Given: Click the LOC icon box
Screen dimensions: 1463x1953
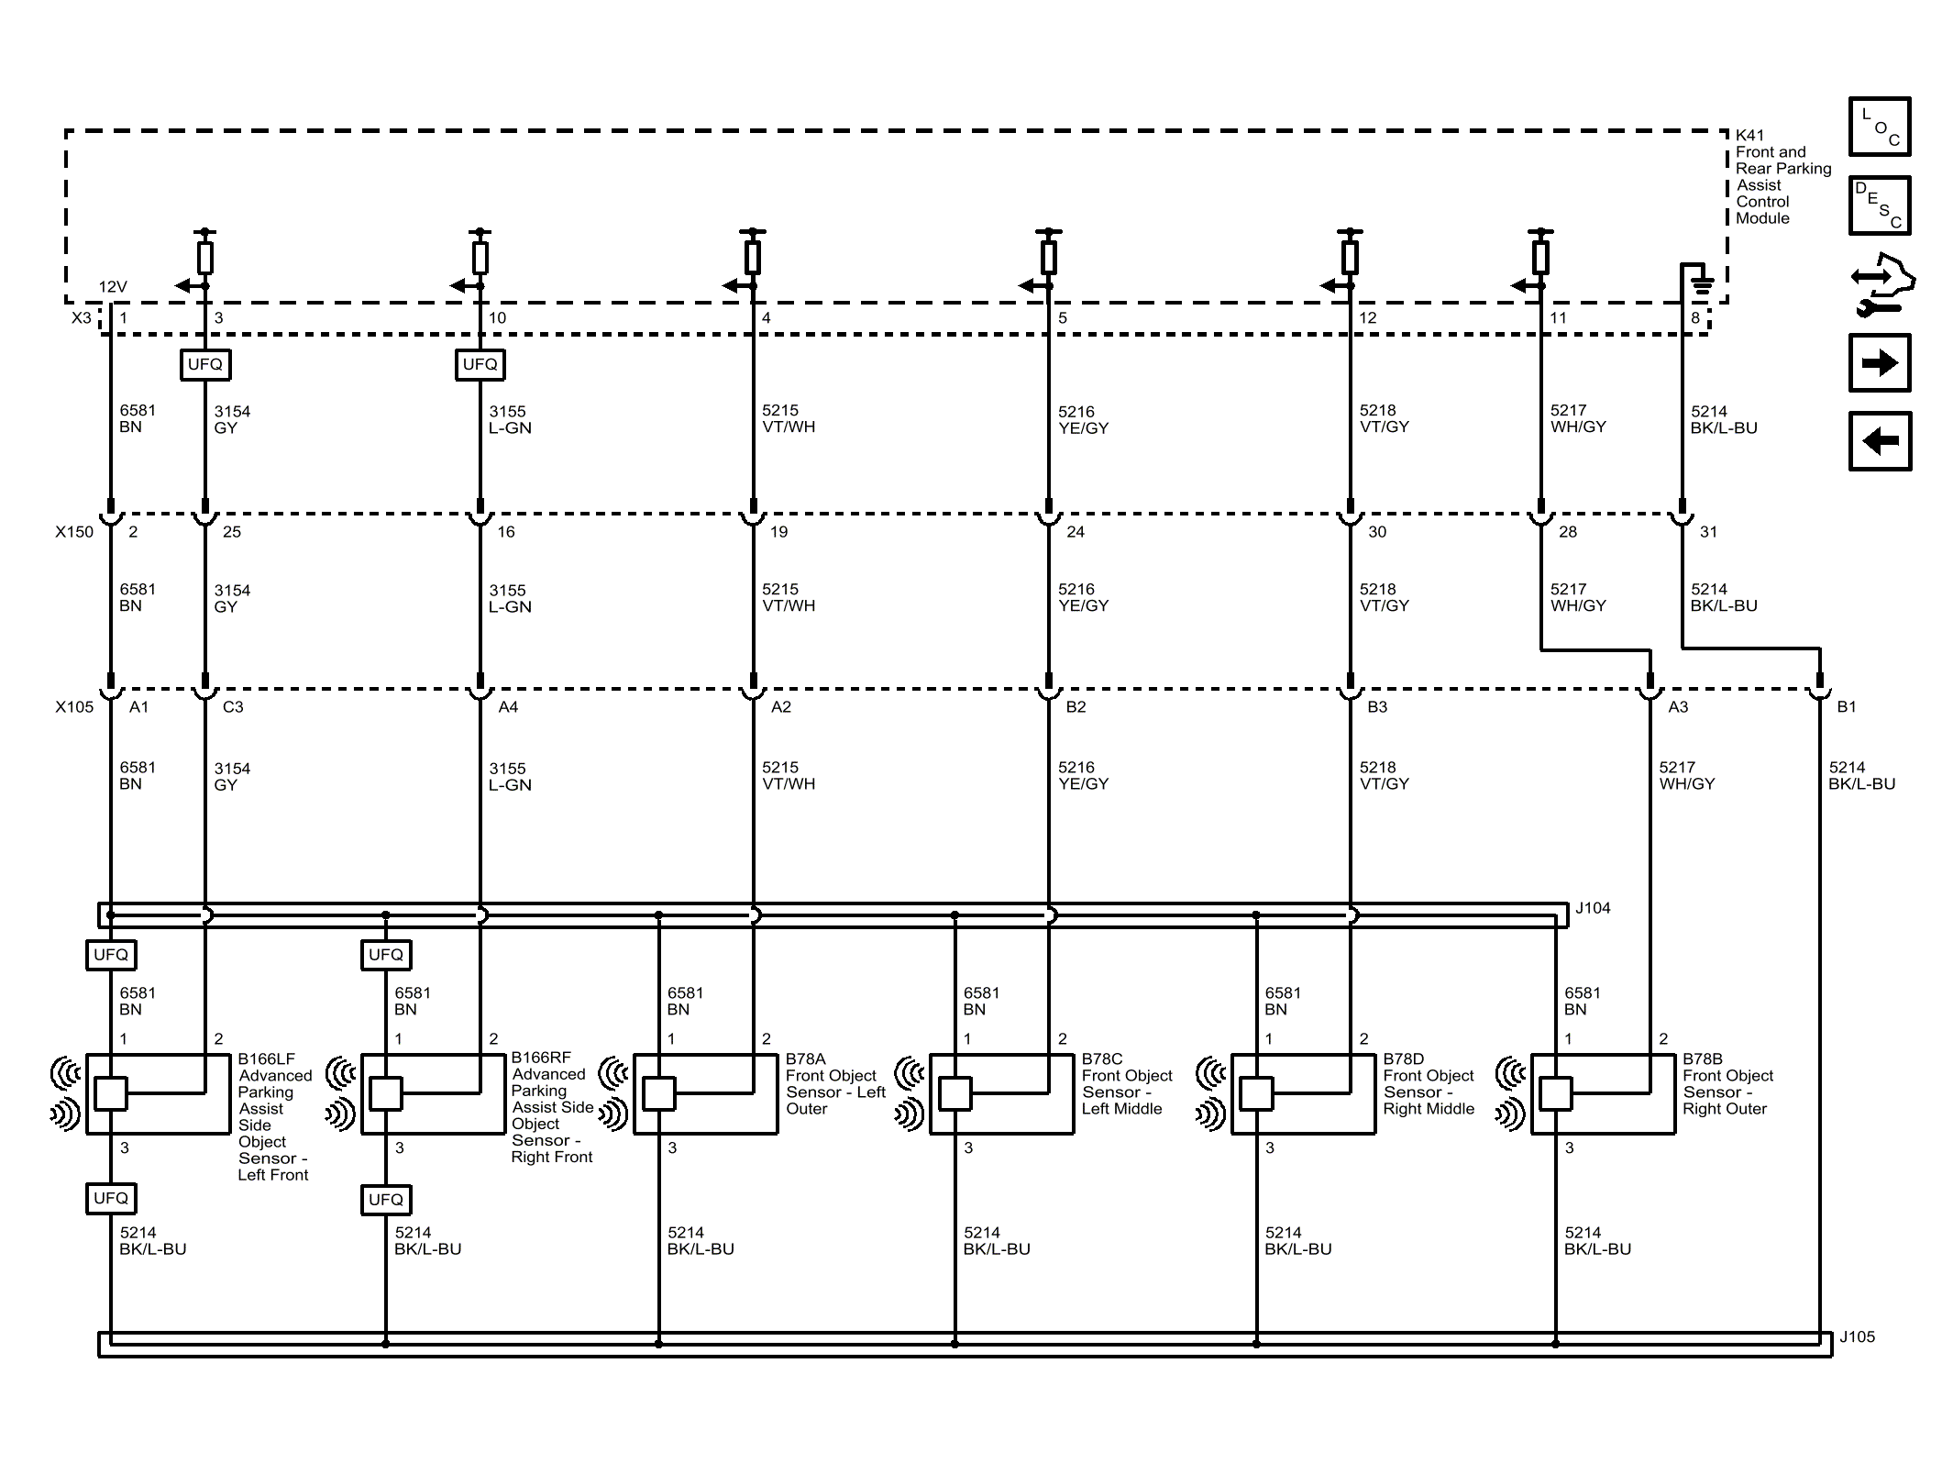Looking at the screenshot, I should click(1879, 127).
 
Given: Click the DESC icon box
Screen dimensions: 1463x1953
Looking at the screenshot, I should click(1879, 205).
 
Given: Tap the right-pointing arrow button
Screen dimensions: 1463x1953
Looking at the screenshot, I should click(1879, 363).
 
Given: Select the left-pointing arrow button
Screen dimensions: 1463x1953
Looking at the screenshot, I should click(1879, 441).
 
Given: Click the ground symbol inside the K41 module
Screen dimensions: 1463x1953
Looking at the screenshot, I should click(1701, 284).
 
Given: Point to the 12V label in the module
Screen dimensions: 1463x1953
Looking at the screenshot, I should click(113, 287).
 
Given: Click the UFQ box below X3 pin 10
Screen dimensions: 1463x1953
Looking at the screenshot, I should click(480, 365).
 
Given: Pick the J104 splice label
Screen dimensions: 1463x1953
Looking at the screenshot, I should click(1593, 908).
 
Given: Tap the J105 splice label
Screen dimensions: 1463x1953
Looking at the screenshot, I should click(1857, 1337).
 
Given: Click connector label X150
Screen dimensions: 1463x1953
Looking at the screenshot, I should click(74, 532).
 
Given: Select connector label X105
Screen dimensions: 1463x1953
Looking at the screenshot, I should click(74, 707).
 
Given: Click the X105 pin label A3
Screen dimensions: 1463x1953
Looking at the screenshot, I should click(1678, 707).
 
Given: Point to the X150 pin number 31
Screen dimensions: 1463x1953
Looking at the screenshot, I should click(1708, 532).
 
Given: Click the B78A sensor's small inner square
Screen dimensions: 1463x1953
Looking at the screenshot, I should click(659, 1093).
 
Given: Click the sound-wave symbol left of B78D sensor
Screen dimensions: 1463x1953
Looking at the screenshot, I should click(1211, 1092).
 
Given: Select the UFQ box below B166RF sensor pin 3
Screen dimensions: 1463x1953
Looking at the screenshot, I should click(385, 1200).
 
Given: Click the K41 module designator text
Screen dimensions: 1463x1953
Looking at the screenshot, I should click(1749, 135).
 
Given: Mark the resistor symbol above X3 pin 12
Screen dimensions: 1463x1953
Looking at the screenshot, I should click(1350, 258).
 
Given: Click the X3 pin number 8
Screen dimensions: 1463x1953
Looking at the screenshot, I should click(1695, 318).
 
